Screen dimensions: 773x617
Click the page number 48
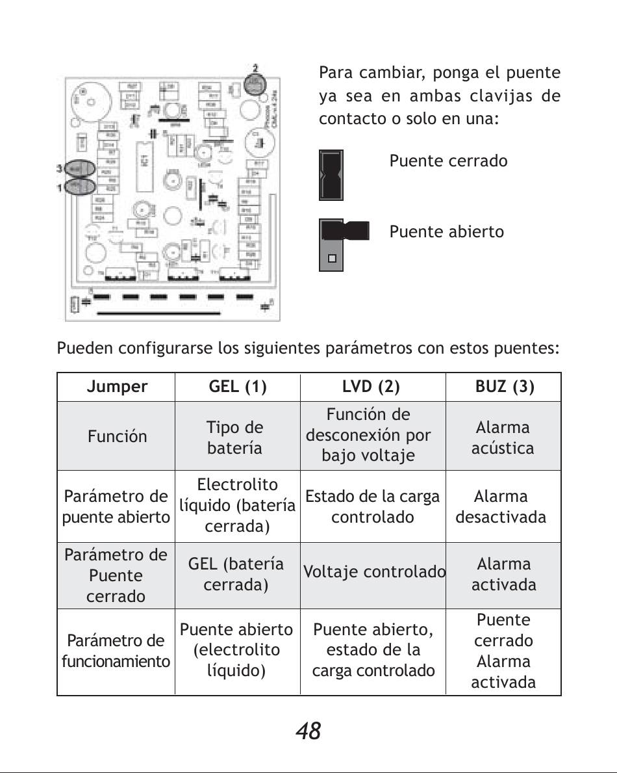(x=308, y=731)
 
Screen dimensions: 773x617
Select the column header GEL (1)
(x=238, y=387)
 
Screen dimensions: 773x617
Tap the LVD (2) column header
(x=371, y=387)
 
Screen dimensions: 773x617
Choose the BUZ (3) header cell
(x=505, y=387)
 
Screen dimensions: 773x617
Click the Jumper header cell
(x=117, y=387)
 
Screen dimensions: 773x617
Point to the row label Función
(x=117, y=436)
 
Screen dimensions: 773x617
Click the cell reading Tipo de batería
(x=235, y=438)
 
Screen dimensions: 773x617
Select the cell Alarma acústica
(x=503, y=438)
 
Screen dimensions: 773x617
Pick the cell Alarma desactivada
(x=501, y=506)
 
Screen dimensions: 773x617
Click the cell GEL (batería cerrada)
(x=236, y=574)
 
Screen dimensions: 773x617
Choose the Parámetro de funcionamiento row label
(x=116, y=651)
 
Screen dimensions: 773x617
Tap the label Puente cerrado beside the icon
(x=448, y=161)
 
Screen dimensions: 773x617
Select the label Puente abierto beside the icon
(x=446, y=231)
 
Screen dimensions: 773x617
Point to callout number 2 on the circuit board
(x=255, y=68)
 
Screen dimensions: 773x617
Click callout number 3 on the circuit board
(x=59, y=168)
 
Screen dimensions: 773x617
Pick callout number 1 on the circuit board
(x=59, y=188)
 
